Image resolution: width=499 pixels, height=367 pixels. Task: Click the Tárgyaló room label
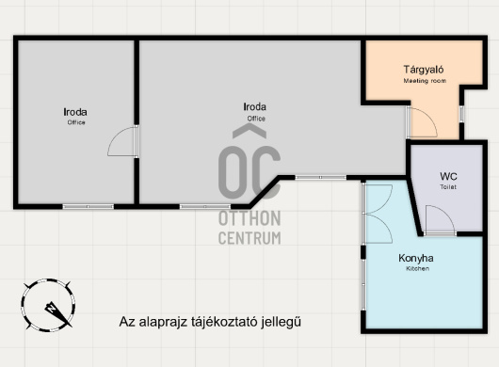click(424, 70)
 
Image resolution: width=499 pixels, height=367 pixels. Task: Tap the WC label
click(448, 176)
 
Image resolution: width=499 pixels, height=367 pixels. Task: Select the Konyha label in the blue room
click(416, 258)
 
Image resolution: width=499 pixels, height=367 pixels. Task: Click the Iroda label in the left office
click(75, 112)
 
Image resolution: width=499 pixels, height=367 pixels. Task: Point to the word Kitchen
click(417, 269)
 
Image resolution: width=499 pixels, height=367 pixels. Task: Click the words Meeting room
click(425, 81)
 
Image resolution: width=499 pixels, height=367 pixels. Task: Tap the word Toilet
click(448, 187)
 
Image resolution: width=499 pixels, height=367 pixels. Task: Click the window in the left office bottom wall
click(89, 207)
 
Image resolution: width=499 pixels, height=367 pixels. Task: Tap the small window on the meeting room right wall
click(461, 114)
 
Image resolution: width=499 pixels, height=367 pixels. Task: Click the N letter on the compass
click(51, 308)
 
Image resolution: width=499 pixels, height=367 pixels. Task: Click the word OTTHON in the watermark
click(249, 218)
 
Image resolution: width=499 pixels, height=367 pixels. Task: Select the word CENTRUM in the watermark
click(249, 238)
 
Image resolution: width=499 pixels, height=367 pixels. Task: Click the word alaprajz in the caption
click(163, 322)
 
